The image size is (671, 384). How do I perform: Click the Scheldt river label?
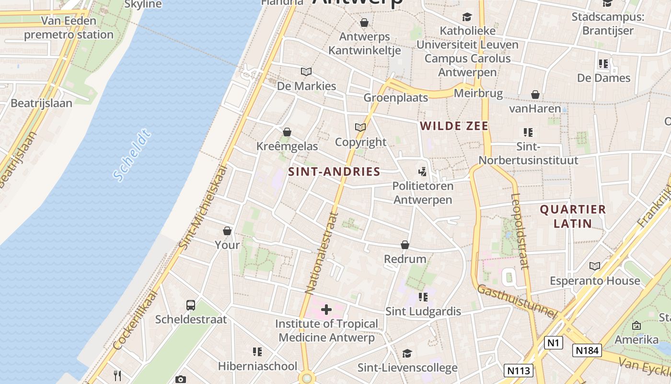[132, 155]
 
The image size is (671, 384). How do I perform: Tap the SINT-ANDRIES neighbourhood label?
[334, 172]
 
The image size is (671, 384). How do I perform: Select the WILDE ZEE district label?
[454, 126]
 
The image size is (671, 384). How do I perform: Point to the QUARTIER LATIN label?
[573, 216]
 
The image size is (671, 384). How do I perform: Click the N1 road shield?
[553, 343]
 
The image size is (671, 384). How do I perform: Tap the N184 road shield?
[587, 350]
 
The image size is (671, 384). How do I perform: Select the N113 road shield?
[519, 370]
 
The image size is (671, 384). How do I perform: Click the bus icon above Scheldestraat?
[191, 305]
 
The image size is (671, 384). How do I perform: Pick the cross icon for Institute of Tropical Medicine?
[326, 310]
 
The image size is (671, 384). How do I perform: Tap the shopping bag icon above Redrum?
[405, 245]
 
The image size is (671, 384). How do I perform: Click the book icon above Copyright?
[360, 127]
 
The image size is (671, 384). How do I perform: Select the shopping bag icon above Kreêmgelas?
[287, 132]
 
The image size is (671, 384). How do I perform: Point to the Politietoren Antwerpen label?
[422, 192]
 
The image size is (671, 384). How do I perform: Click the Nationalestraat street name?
[322, 252]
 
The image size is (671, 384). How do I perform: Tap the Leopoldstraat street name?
[520, 230]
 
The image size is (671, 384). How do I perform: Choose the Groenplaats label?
[395, 97]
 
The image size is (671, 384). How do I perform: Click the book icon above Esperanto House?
[595, 266]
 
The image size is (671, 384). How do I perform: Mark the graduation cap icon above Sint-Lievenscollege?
[407, 354]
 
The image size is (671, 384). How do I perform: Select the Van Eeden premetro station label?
[69, 28]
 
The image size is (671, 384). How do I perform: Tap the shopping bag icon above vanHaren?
[535, 95]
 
